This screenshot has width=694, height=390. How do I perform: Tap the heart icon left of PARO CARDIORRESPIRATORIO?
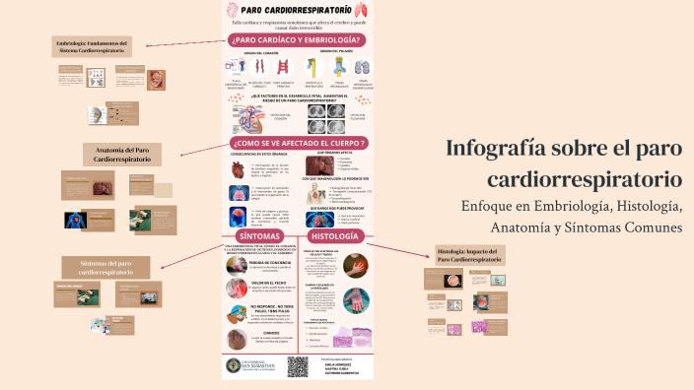(233, 9)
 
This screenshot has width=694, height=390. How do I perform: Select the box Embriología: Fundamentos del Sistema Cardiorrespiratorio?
(97, 47)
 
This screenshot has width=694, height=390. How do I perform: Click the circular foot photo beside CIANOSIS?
(237, 338)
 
